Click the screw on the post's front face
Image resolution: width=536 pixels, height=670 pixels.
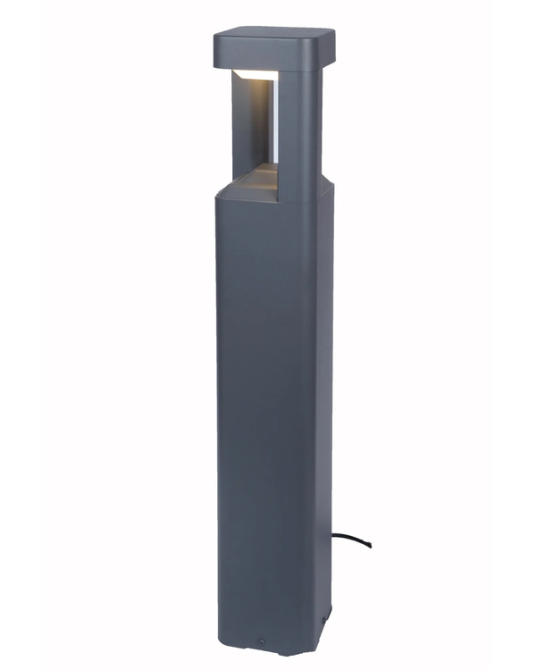click(261, 641)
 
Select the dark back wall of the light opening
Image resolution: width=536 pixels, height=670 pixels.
click(250, 125)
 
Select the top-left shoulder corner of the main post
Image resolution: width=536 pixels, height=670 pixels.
click(218, 194)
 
